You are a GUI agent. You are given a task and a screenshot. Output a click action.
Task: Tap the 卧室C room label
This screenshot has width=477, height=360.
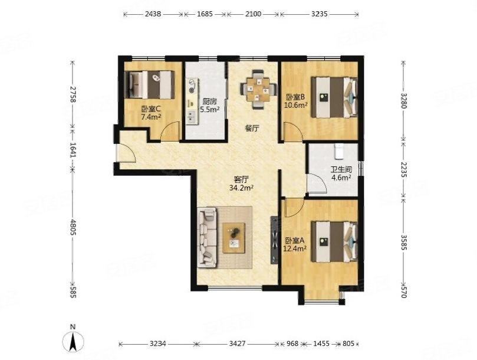click(x=151, y=109)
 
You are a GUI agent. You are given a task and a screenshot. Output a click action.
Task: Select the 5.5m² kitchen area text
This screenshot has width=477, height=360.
click(x=210, y=110)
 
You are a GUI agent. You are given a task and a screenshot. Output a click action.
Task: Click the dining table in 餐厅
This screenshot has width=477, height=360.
click(x=258, y=89)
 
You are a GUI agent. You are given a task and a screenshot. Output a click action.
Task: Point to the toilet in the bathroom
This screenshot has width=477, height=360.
click(x=338, y=151)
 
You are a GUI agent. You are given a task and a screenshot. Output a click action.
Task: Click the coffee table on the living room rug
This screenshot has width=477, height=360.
click(x=233, y=238)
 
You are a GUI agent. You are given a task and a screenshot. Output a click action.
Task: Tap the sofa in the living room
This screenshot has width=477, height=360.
click(x=208, y=238)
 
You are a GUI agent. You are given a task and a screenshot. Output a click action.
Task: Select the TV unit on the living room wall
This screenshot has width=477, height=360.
click(x=274, y=240)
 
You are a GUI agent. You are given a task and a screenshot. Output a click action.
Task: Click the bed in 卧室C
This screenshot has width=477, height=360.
click(x=150, y=84)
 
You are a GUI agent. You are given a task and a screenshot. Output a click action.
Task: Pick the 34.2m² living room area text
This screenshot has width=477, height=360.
click(x=242, y=188)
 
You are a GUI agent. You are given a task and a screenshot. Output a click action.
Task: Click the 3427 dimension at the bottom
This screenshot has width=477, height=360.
click(x=237, y=343)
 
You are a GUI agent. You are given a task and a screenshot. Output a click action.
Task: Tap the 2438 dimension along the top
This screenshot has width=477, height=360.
click(x=153, y=14)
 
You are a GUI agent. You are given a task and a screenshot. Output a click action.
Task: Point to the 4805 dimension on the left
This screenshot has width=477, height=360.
click(x=73, y=227)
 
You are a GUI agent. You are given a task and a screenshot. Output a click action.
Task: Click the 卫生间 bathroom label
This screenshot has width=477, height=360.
click(x=341, y=170)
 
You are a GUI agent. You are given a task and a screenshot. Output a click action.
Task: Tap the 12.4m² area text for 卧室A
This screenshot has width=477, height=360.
click(x=295, y=248)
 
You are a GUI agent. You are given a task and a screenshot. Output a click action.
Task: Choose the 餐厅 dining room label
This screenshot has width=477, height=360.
click(x=252, y=129)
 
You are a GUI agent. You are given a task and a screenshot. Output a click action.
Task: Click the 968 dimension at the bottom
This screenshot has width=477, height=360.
click(x=292, y=343)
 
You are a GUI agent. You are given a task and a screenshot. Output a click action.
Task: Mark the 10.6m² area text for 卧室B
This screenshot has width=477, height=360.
click(x=295, y=106)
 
